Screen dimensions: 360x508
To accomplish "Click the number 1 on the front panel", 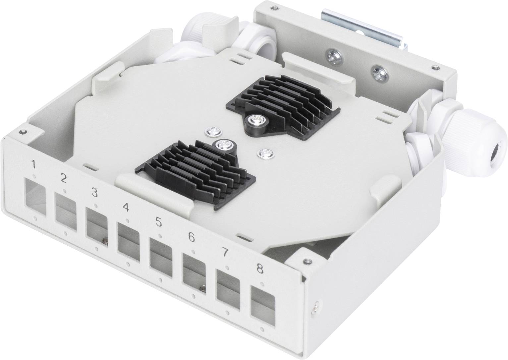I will click(x=33, y=164).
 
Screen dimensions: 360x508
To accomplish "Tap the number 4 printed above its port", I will click(x=126, y=208).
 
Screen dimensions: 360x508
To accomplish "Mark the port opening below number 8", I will click(x=262, y=302).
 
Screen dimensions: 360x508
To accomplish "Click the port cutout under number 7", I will click(x=228, y=287).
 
